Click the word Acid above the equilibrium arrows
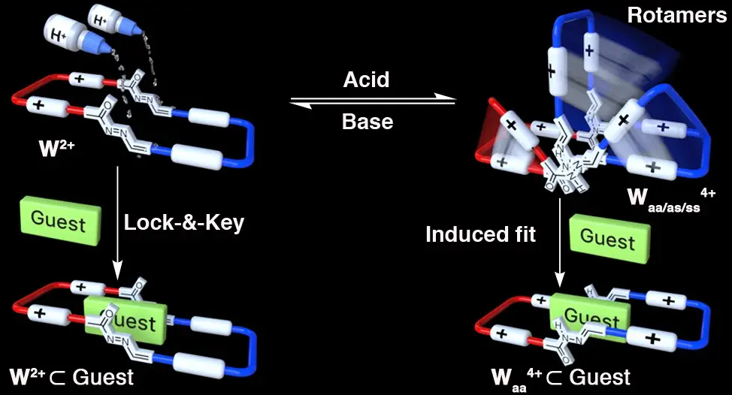(x=368, y=80)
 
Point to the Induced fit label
(x=481, y=234)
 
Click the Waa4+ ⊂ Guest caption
(x=561, y=375)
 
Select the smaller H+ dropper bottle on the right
(x=109, y=20)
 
